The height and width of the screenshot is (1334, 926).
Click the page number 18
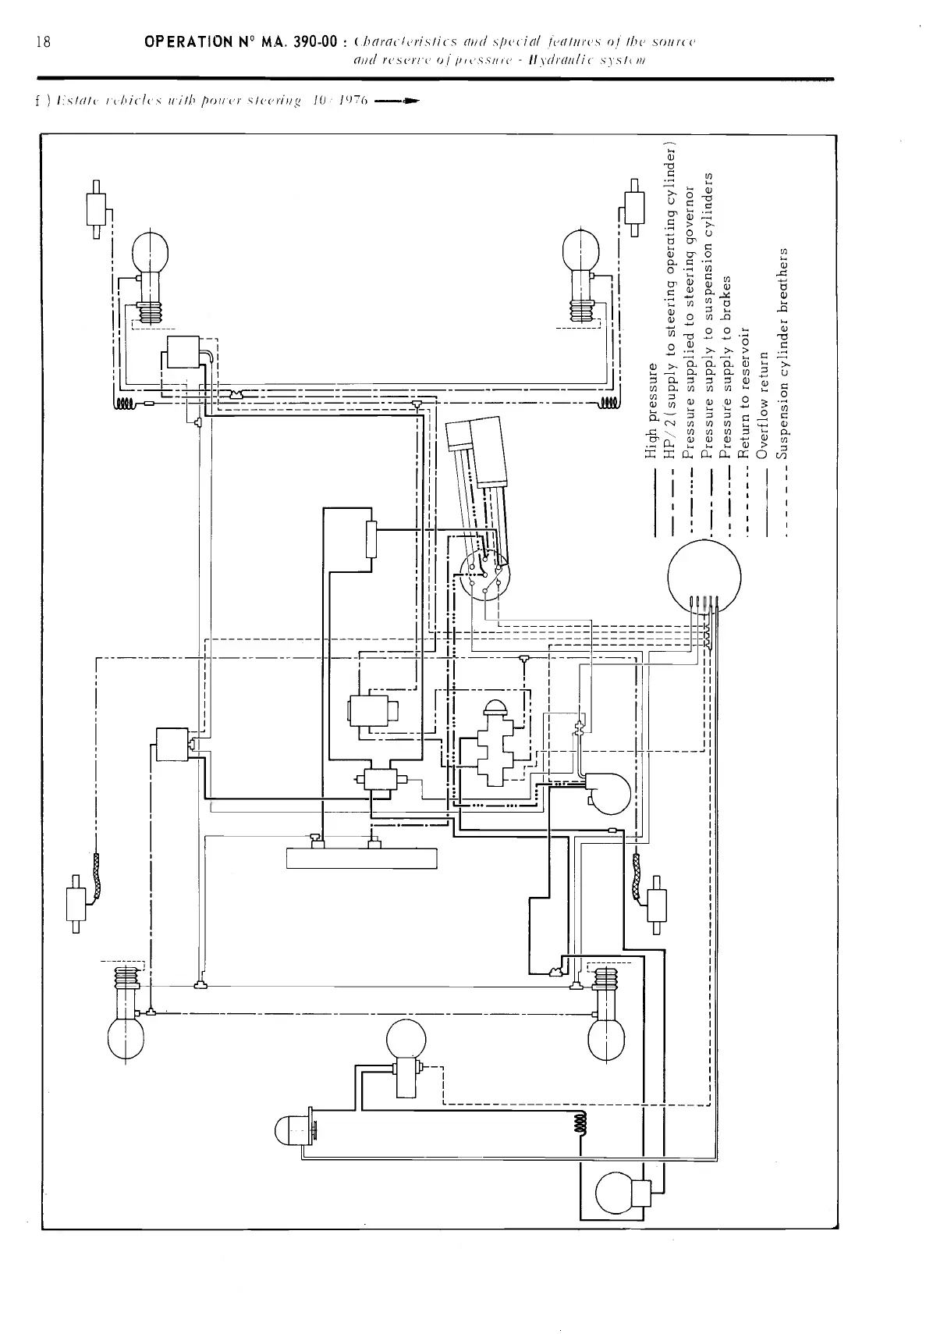click(44, 41)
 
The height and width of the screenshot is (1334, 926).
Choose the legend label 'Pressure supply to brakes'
click(726, 367)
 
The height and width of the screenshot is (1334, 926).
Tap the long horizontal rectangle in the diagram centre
click(361, 858)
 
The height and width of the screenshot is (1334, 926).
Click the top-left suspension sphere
click(151, 250)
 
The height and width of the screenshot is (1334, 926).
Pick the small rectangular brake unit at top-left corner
click(95, 208)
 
